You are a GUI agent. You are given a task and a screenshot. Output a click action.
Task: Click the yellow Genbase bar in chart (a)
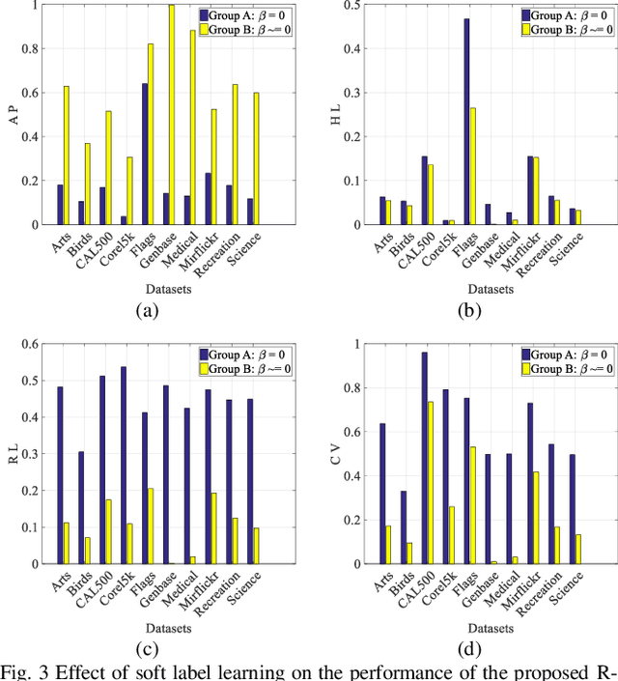point(172,115)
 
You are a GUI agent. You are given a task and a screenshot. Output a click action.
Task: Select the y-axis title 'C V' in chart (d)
point(334,454)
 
